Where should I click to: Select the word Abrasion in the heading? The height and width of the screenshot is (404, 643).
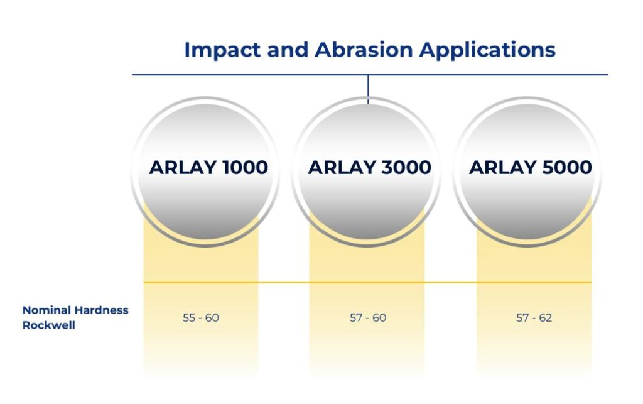[364, 50]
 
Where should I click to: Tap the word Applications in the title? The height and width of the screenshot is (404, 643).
[487, 50]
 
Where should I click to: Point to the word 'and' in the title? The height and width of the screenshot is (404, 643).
[288, 50]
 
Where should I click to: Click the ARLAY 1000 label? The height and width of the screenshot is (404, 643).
[208, 167]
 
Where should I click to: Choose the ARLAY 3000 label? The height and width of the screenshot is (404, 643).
[369, 167]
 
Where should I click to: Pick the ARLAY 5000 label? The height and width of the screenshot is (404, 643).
[530, 167]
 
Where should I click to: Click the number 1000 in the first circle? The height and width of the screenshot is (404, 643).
[245, 167]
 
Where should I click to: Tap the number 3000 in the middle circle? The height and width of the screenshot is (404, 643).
[406, 167]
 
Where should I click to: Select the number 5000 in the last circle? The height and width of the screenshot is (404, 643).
[567, 167]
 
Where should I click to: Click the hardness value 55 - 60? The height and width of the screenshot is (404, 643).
[200, 318]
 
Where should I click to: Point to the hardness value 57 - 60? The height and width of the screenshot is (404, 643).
[368, 318]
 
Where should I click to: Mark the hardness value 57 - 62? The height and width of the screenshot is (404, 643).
[534, 318]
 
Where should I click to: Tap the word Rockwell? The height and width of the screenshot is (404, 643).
[49, 325]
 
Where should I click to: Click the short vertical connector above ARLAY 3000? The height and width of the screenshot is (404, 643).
[368, 89]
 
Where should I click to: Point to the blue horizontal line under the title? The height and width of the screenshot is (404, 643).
[370, 75]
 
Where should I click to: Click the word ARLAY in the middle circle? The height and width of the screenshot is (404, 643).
[342, 167]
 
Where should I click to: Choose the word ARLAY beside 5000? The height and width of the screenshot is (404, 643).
[503, 167]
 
